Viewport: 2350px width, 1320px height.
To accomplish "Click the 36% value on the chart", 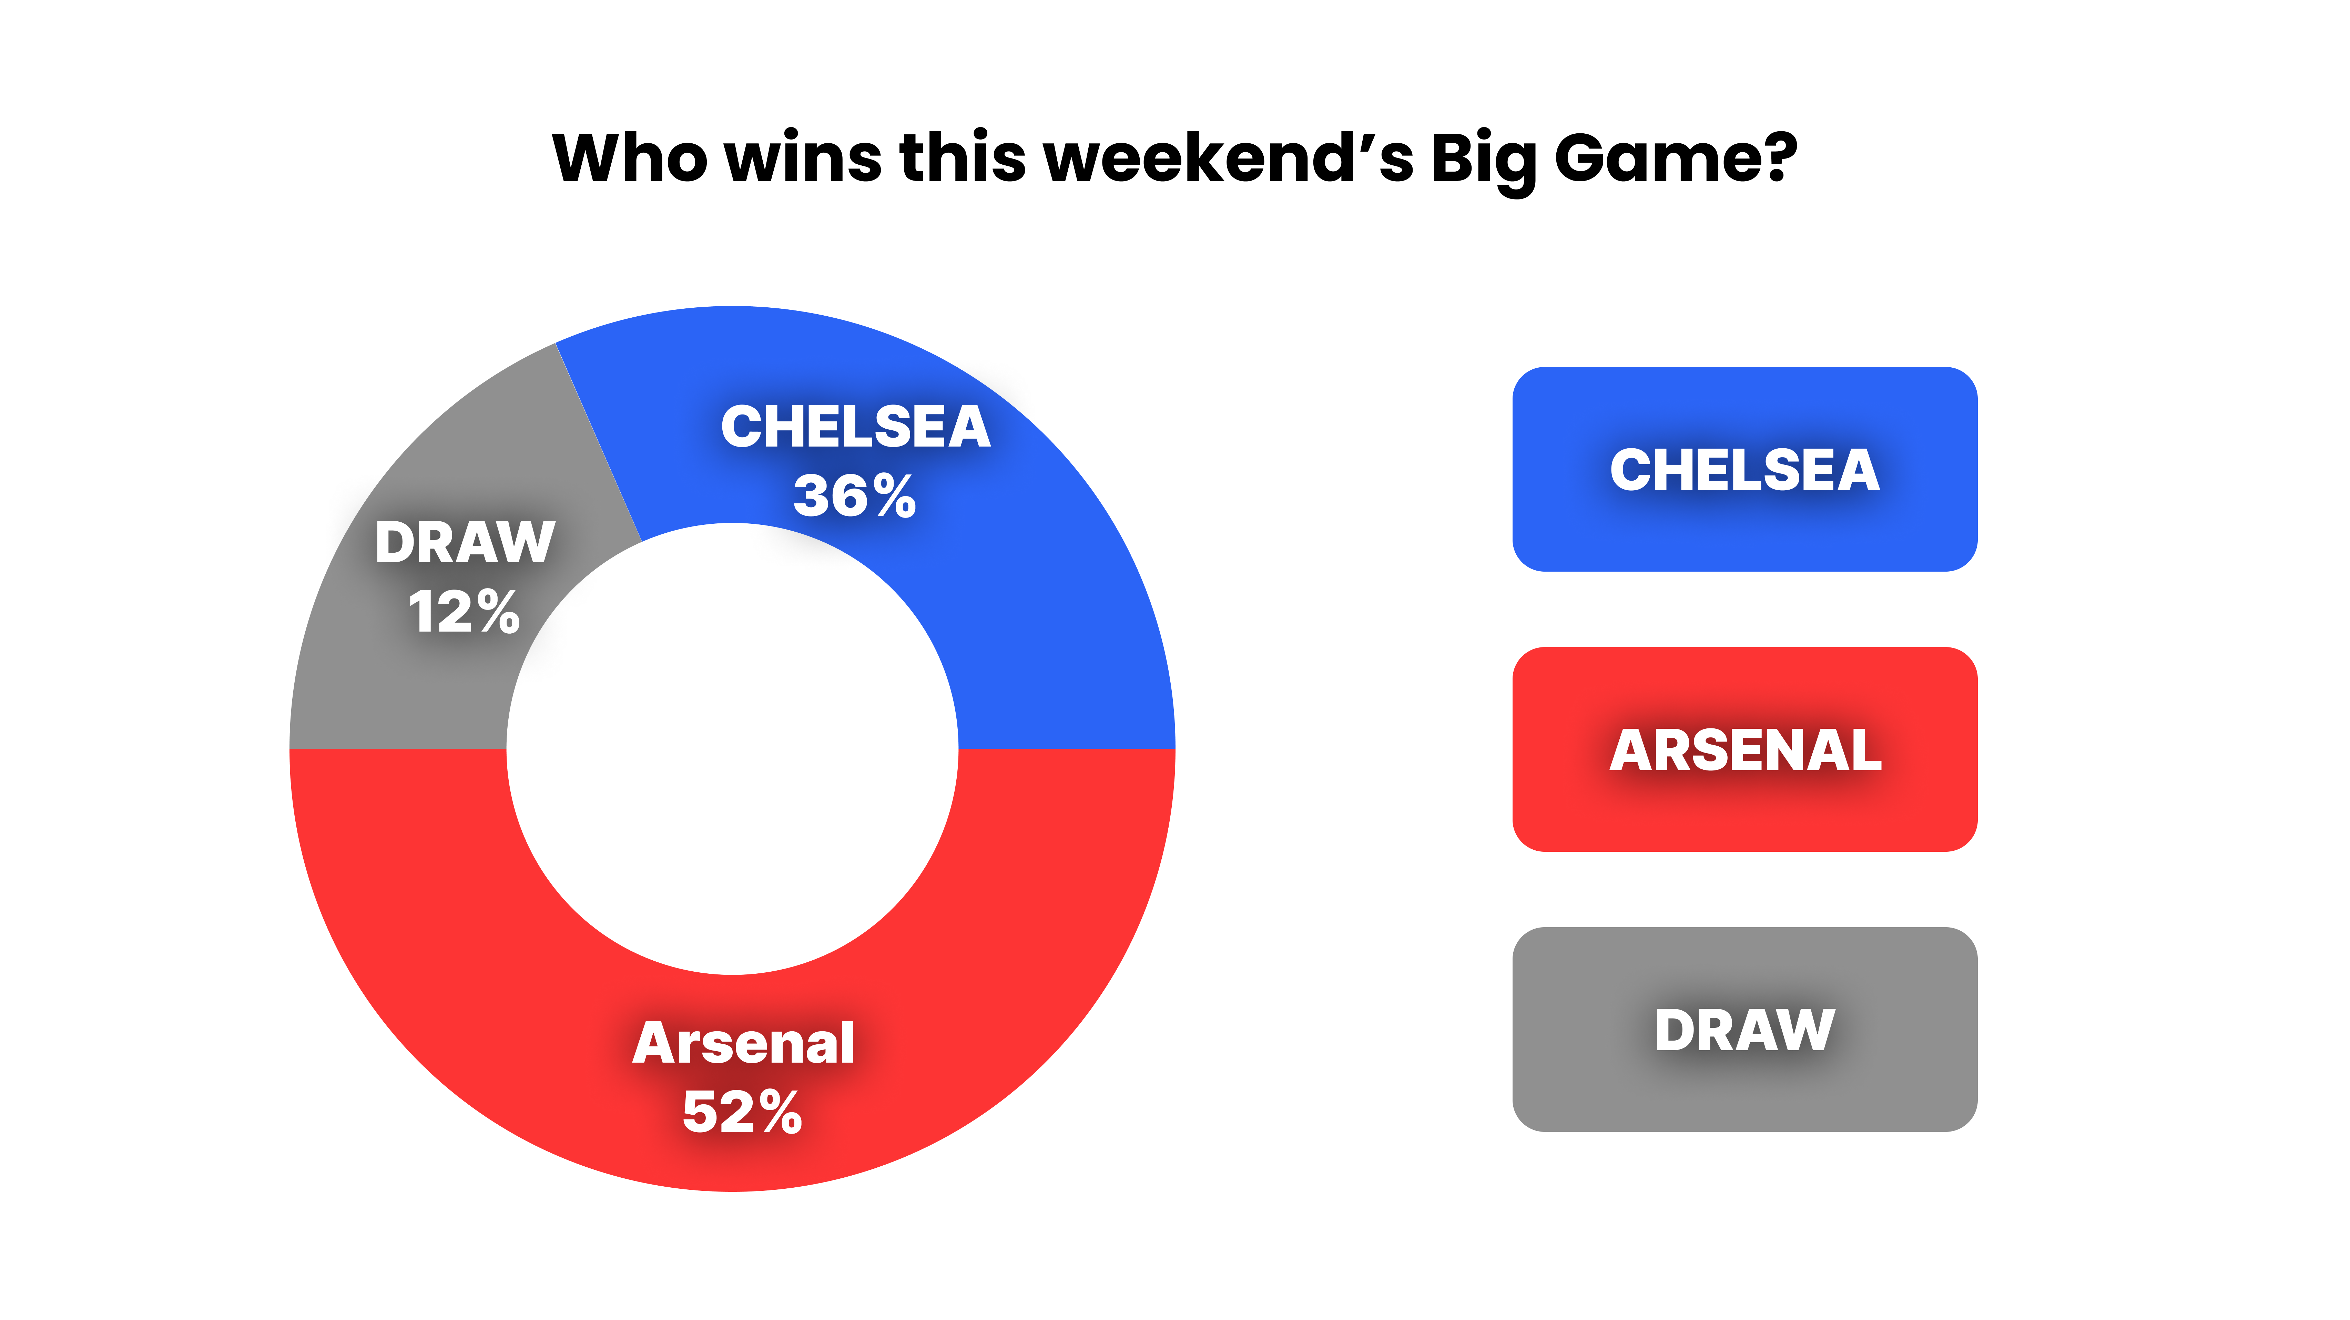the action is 855,497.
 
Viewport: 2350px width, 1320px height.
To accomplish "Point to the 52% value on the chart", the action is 743,1113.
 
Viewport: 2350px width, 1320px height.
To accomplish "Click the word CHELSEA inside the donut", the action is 856,427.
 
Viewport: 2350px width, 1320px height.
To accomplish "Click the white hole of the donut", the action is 733,749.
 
